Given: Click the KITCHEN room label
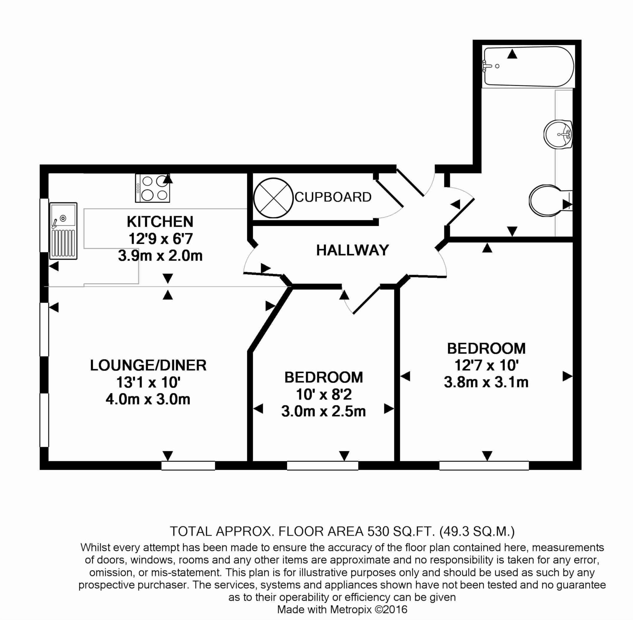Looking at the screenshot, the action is pyautogui.click(x=160, y=222).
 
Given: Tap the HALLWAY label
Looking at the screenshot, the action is pyautogui.click(x=352, y=250).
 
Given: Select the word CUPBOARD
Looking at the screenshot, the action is pyautogui.click(x=333, y=197).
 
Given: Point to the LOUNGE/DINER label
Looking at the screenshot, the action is pyautogui.click(x=148, y=366).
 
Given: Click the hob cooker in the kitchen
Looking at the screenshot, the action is pyautogui.click(x=153, y=188).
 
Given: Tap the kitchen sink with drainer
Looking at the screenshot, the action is pyautogui.click(x=63, y=231).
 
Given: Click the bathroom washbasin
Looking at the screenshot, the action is pyautogui.click(x=558, y=134).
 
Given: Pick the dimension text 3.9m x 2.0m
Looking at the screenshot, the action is pyautogui.click(x=160, y=256).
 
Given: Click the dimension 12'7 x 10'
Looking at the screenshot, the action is pyautogui.click(x=486, y=366).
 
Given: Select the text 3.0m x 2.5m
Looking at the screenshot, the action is pyautogui.click(x=324, y=412).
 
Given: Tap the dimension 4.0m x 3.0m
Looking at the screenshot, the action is pyautogui.click(x=148, y=399).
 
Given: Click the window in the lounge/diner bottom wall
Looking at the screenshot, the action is pyautogui.click(x=189, y=466).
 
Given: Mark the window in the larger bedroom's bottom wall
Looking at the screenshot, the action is pyautogui.click(x=484, y=466).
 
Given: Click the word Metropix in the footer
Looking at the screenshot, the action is pyautogui.click(x=351, y=609).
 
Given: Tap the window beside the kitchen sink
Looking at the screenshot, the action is pyautogui.click(x=44, y=225).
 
